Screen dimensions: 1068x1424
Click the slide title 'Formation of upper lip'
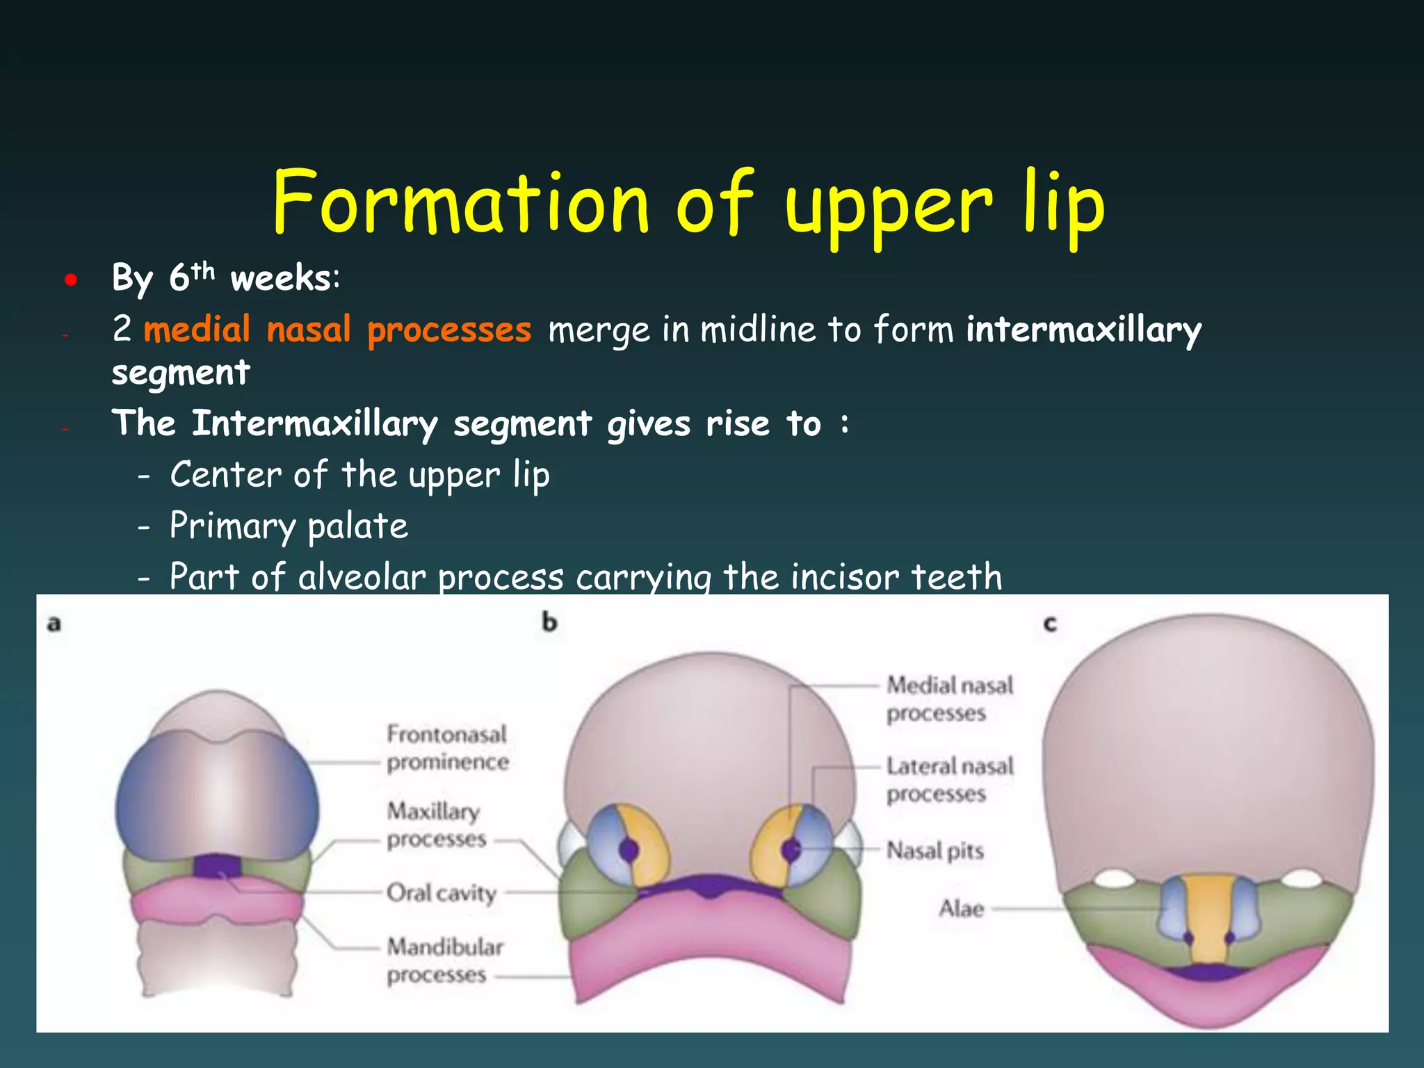click(688, 203)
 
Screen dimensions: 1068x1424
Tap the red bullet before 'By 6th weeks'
click(71, 280)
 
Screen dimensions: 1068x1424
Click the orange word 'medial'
click(197, 329)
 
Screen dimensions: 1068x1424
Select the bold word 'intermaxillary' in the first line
click(1083, 330)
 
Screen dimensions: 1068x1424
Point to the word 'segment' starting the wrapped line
click(181, 373)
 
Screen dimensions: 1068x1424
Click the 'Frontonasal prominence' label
click(447, 748)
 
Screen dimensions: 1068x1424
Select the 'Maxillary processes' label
click(436, 825)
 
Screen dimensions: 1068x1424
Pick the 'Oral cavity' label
click(442, 893)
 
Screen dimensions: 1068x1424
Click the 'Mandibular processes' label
click(445, 960)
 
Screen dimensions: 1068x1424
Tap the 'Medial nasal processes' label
click(949, 699)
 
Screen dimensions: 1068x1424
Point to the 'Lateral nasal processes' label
click(949, 779)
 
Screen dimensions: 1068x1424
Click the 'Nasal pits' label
click(934, 850)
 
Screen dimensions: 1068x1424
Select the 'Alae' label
click(961, 909)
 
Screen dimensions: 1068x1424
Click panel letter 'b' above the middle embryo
click(549, 622)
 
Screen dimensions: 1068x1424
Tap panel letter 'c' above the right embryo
click(1050, 624)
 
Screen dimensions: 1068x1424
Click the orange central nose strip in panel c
click(1208, 918)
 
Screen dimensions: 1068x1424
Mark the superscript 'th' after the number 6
click(203, 270)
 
